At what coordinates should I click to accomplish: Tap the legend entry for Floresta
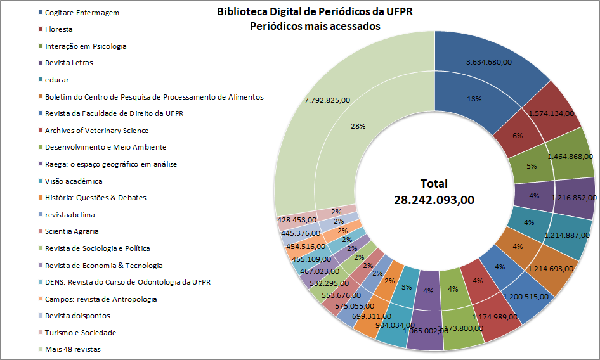[x=58, y=29]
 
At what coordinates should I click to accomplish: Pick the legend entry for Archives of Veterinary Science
[x=96, y=131]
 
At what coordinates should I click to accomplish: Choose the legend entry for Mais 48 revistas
[x=72, y=349]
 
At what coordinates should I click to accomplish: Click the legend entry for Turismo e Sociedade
[x=80, y=333]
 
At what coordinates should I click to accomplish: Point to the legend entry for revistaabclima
[x=70, y=215]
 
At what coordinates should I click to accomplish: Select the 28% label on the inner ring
[x=358, y=126]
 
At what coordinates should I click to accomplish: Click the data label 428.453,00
[x=297, y=219]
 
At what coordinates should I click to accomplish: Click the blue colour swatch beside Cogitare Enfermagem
[x=40, y=13]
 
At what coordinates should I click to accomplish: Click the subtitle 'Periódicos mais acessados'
[x=315, y=27]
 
